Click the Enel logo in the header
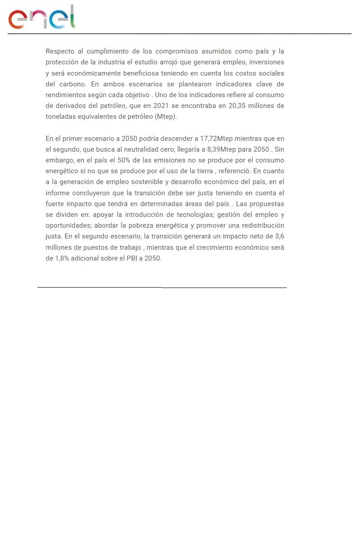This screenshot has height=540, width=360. click(41, 18)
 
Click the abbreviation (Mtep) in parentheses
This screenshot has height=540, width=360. click(166, 117)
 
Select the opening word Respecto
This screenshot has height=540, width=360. click(60, 51)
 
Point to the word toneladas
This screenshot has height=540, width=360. click(62, 117)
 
